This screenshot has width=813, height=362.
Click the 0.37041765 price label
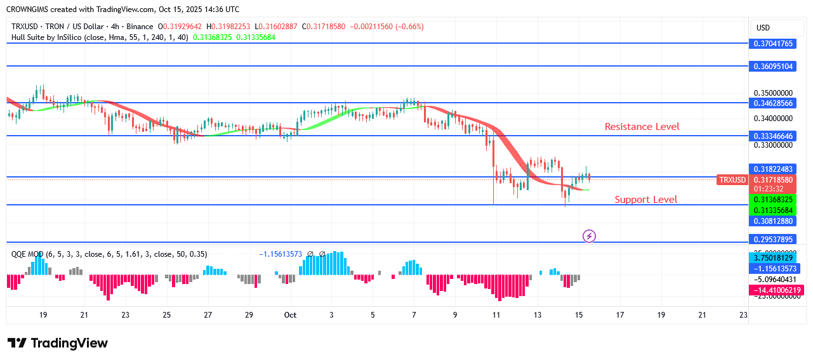pyautogui.click(x=773, y=44)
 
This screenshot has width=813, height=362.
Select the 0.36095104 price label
pyautogui.click(x=773, y=67)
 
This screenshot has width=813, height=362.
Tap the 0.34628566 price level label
pyautogui.click(x=773, y=103)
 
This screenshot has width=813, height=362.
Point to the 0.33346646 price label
pyautogui.click(x=773, y=136)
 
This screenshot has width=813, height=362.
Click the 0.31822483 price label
pyautogui.click(x=773, y=169)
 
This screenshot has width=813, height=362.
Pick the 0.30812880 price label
pyautogui.click(x=773, y=221)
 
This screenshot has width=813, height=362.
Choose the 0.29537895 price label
pyautogui.click(x=773, y=240)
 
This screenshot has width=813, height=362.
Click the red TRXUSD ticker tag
pyautogui.click(x=732, y=180)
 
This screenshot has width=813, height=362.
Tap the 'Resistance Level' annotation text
pyautogui.click(x=642, y=127)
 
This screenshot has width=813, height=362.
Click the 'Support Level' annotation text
pyautogui.click(x=645, y=200)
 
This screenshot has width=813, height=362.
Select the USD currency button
pyautogui.click(x=763, y=28)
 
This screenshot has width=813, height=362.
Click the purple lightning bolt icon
pyautogui.click(x=589, y=236)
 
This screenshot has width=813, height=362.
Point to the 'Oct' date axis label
pyautogui.click(x=290, y=315)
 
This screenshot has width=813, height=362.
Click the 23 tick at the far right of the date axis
pyautogui.click(x=743, y=315)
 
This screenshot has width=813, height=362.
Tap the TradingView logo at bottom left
pyautogui.click(x=58, y=343)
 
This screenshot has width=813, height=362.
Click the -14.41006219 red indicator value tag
pyautogui.click(x=777, y=290)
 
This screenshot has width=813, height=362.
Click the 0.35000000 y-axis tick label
pyautogui.click(x=773, y=93)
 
